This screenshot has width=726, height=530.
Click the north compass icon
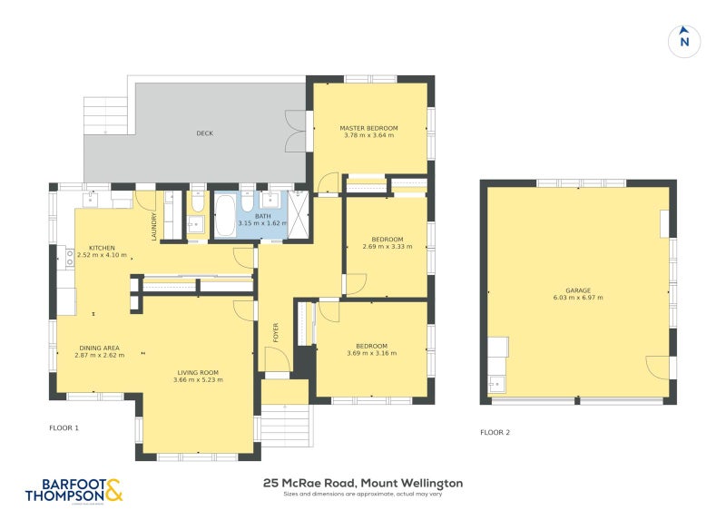(685, 41)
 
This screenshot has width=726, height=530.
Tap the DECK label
(204, 133)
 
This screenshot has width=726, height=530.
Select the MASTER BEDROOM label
(369, 128)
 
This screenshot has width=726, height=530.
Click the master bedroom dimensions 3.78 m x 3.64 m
(369, 136)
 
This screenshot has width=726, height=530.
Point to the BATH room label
(263, 216)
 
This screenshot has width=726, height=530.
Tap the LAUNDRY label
(154, 226)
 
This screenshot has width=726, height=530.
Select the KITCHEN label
(102, 248)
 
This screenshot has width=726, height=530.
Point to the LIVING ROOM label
(197, 372)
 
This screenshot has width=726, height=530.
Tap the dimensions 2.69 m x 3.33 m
(381, 247)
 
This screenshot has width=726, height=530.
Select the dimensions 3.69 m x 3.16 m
(371, 353)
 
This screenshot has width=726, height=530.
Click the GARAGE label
(578, 290)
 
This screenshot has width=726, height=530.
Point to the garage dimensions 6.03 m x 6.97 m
(578, 298)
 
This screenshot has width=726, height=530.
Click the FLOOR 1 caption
(64, 427)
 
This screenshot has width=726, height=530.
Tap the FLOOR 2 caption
(495, 433)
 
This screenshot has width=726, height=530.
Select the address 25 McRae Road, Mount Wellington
(363, 483)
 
